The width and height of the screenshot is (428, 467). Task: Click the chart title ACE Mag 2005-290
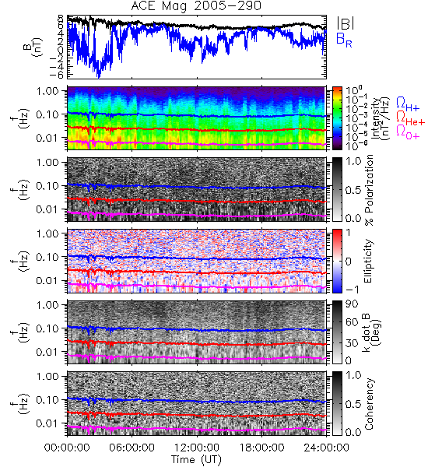196,5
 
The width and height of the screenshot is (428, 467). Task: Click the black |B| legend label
346,23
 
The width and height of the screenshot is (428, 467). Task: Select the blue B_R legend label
344,40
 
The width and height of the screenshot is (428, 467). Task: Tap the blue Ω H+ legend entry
408,104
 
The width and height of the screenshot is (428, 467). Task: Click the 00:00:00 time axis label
67,448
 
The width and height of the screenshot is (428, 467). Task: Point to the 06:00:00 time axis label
132,448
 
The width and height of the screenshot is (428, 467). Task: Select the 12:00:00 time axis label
197,448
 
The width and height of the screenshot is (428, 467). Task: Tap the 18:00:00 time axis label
261,448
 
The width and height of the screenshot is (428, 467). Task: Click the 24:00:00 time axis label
326,448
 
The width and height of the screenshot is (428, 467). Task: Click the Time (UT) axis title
196,459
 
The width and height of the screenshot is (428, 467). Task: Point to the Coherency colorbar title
369,404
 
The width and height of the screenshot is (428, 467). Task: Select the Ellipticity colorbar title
368,262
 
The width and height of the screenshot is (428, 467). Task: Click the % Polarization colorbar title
369,190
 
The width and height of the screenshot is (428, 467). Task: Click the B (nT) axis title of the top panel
33,47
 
